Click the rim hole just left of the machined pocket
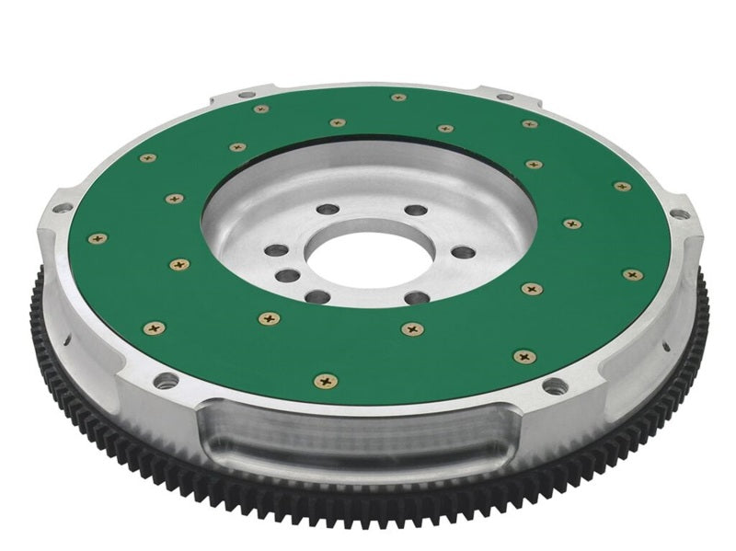click(165, 381)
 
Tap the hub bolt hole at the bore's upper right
click(410, 211)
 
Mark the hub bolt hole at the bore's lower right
click(416, 297)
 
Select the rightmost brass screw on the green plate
click(632, 274)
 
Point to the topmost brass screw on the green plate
click(397, 97)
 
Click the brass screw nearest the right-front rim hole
click(524, 354)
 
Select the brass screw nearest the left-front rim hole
click(155, 326)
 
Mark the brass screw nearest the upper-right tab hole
click(530, 123)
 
